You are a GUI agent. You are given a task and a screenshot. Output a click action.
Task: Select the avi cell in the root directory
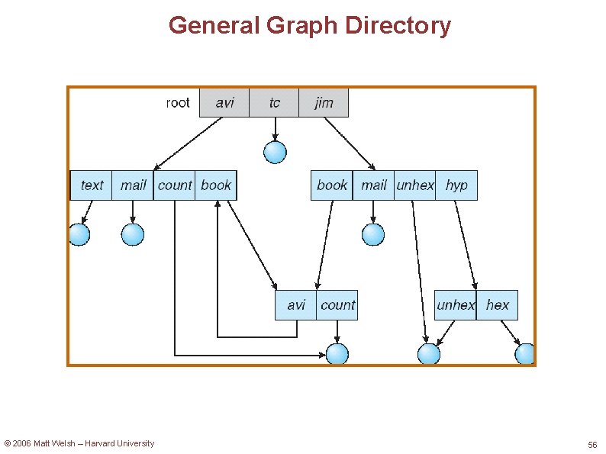click(x=224, y=103)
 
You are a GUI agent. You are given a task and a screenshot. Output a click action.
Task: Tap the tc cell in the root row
click(x=274, y=103)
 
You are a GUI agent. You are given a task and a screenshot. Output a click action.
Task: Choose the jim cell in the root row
click(x=324, y=103)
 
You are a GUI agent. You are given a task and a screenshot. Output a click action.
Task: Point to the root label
click(x=178, y=103)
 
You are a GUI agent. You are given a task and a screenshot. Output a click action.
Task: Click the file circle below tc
click(x=275, y=153)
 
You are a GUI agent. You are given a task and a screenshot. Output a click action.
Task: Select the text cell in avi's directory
click(x=92, y=185)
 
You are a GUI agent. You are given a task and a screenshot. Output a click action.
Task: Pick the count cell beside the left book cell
click(x=174, y=185)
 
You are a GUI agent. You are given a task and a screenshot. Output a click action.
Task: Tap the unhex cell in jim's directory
click(x=414, y=185)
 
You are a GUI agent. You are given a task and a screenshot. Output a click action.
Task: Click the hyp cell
click(x=456, y=185)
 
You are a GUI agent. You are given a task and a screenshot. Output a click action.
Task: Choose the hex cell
click(x=497, y=305)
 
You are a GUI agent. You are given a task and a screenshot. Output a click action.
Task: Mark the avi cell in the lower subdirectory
click(x=296, y=305)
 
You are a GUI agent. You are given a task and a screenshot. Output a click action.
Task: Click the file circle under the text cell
click(x=79, y=234)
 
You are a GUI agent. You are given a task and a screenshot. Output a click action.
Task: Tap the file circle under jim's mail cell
click(x=373, y=234)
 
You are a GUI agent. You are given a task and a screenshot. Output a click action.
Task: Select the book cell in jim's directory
click(x=332, y=185)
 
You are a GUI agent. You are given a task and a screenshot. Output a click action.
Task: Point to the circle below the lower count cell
click(x=337, y=354)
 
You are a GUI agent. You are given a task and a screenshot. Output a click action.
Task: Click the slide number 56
click(x=592, y=444)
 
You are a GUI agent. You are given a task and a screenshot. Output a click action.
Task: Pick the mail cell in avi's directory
click(x=133, y=185)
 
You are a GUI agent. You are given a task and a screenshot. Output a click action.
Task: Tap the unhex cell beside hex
click(x=456, y=305)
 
